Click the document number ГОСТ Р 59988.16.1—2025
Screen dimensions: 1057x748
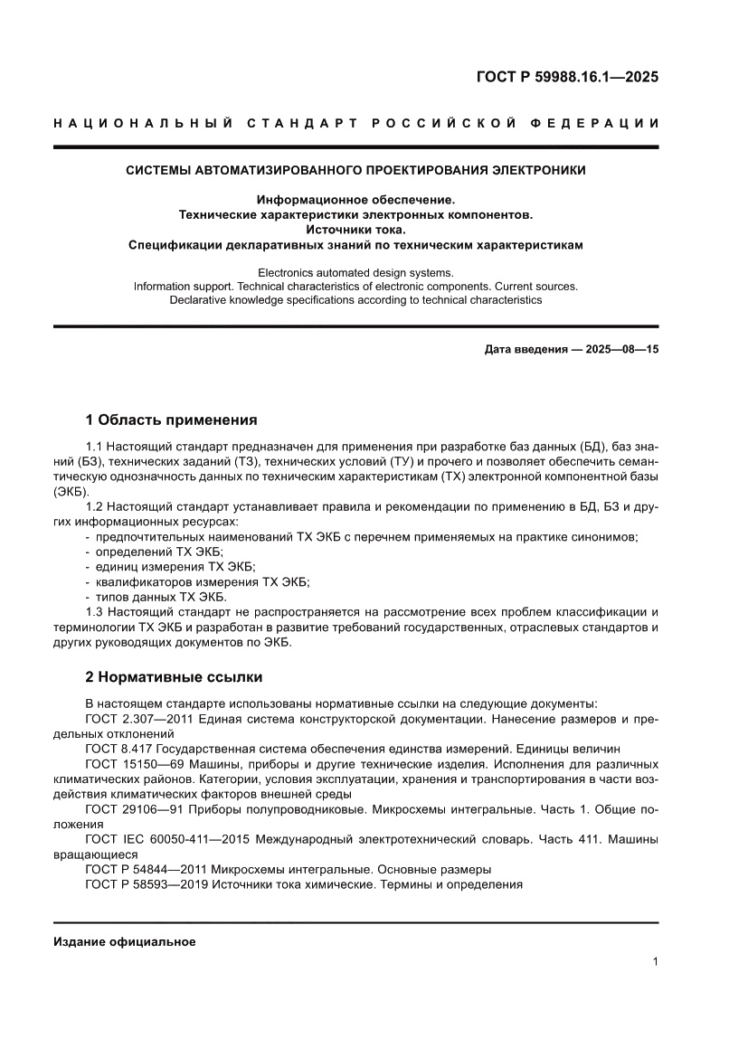(x=567, y=77)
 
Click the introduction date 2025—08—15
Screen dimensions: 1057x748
(x=611, y=347)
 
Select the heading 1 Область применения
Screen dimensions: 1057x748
(x=171, y=420)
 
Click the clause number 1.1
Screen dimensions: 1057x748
(x=95, y=447)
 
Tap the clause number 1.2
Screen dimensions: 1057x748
(x=95, y=508)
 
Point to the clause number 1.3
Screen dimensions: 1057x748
(x=95, y=612)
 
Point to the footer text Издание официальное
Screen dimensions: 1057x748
(x=125, y=941)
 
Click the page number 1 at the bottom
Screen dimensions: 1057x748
(x=654, y=962)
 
